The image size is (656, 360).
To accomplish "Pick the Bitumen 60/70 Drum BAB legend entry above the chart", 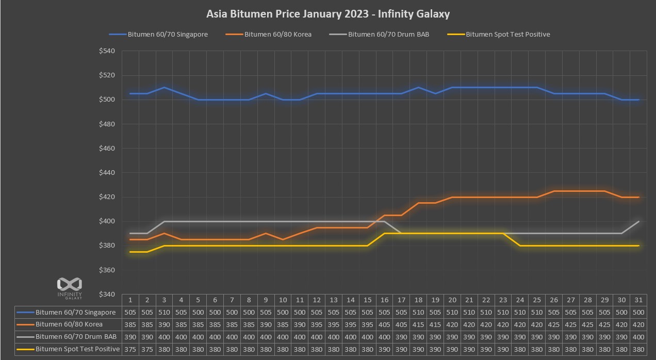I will click(x=388, y=35).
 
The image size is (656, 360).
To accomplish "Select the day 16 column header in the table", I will click(x=384, y=300).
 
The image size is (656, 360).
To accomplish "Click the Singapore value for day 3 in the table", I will click(x=164, y=313).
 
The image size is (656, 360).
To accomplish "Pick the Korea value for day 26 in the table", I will click(x=554, y=325).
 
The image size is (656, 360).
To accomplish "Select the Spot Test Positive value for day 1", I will click(x=130, y=349).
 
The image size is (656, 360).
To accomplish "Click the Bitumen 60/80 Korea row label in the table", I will click(x=69, y=325).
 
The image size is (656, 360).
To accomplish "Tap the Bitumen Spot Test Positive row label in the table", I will click(x=77, y=349).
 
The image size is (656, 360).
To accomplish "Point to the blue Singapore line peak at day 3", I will click(x=164, y=87).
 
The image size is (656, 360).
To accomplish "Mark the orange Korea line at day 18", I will click(x=418, y=203).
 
